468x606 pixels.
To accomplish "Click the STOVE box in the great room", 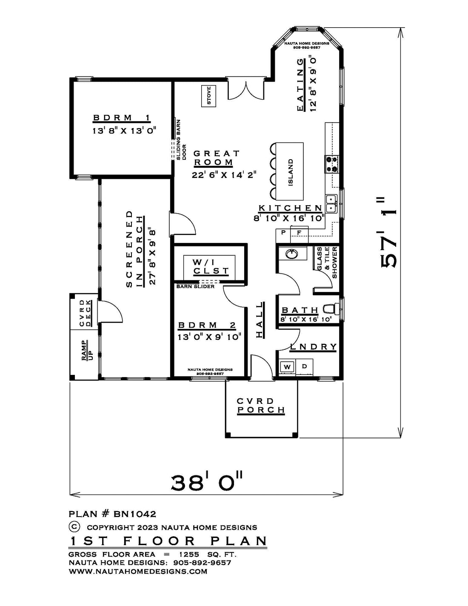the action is click(x=209, y=96).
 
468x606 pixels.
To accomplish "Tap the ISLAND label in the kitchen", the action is click(x=291, y=172).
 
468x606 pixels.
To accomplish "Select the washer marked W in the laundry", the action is click(x=287, y=366).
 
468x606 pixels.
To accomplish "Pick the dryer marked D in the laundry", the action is click(x=304, y=366).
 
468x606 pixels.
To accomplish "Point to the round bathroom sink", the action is click(x=291, y=254).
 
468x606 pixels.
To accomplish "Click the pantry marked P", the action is click(x=283, y=232).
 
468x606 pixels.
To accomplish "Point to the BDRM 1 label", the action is click(x=122, y=118).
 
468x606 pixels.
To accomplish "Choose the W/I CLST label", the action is click(x=211, y=267).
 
